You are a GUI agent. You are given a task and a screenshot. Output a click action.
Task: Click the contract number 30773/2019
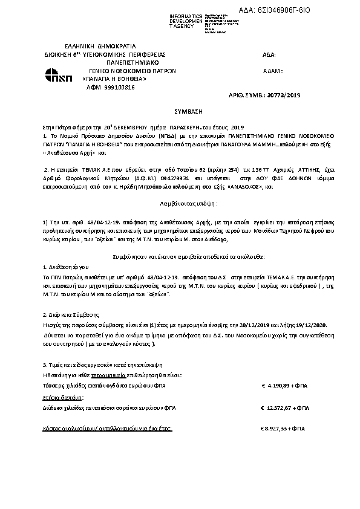point(284,96)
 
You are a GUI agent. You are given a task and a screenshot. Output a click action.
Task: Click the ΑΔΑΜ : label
point(274,71)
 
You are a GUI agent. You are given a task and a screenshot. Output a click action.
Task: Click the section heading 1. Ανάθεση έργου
point(65,266)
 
